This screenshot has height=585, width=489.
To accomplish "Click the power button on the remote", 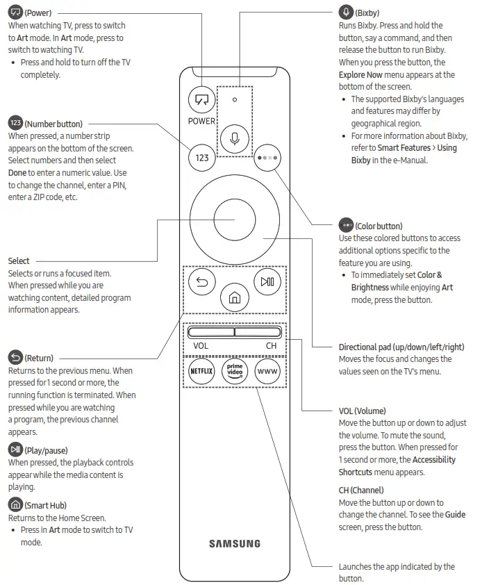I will tap(202, 100).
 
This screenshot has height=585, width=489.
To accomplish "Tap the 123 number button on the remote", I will tap(202, 158).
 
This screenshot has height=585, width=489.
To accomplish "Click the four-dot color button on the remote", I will tap(267, 158).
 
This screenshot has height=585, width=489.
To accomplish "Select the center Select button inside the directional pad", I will tap(235, 220).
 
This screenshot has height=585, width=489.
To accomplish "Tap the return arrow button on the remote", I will tap(202, 281).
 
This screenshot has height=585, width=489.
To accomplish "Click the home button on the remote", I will tap(235, 298).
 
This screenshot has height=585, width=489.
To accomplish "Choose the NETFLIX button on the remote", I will tap(202, 371).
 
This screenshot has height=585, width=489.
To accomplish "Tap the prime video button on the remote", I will tap(235, 371).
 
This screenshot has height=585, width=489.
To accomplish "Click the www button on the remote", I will tap(267, 371).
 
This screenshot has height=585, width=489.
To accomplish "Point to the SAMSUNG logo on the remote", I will tap(235, 543).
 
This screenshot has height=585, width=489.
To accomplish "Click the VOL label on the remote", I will tap(201, 345).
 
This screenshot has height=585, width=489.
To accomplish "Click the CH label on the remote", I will tap(271, 345).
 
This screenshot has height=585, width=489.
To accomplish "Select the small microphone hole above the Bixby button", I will tap(235, 99).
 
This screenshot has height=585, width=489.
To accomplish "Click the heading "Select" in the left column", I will tap(19, 261).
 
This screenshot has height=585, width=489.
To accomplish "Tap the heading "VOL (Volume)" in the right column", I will tap(362, 411).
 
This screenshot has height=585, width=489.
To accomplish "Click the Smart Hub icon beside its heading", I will tap(15, 505).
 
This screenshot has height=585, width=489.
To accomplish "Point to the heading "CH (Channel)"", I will tap(361, 490).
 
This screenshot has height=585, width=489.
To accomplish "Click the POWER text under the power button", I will tap(202, 121).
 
